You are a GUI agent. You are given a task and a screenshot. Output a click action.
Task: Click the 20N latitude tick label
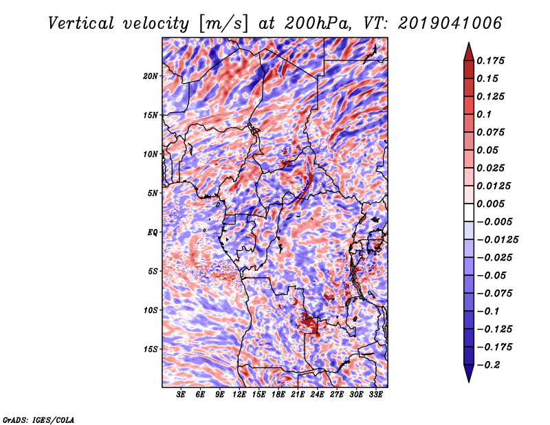(x=151, y=76)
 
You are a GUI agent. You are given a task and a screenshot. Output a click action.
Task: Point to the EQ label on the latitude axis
(x=152, y=232)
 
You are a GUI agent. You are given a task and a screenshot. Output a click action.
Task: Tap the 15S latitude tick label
(x=151, y=349)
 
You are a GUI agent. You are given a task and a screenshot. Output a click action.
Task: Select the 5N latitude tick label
(x=153, y=193)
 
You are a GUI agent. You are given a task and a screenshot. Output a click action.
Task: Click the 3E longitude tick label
(x=181, y=394)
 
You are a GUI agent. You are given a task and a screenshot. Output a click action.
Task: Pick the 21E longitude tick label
(x=298, y=394)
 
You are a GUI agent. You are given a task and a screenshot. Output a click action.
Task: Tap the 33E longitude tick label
(x=375, y=394)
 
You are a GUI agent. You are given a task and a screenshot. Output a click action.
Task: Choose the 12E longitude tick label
(x=239, y=394)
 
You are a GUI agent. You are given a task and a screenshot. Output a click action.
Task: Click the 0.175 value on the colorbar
(x=490, y=61)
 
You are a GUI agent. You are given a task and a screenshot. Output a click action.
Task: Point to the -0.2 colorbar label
(x=488, y=365)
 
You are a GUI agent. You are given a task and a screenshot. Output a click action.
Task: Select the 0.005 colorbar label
(x=490, y=204)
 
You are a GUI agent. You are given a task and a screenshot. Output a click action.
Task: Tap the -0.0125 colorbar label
(x=497, y=240)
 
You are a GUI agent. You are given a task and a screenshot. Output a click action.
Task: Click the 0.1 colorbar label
(x=484, y=114)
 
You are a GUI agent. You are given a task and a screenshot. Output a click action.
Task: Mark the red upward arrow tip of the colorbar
(x=469, y=43)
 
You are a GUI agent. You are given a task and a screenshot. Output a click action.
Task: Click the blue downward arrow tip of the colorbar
(x=469, y=382)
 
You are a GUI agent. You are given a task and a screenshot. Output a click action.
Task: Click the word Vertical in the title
(x=80, y=23)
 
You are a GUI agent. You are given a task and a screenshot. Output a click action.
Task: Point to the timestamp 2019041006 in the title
(x=450, y=23)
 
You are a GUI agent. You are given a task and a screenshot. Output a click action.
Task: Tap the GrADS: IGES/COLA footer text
(x=38, y=419)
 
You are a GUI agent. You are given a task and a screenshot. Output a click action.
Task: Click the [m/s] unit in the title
(x=223, y=24)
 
